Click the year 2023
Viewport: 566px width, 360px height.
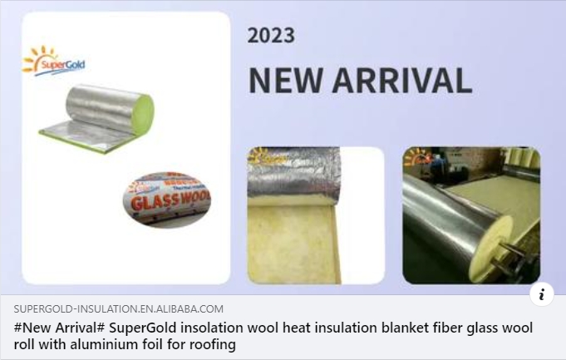pos(271,35)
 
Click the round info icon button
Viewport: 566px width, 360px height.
pos(541,293)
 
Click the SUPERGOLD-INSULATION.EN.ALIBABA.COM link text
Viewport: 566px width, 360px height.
pos(118,309)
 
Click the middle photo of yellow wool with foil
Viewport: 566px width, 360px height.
pos(315,215)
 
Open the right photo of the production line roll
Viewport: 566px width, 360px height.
pos(470,215)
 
